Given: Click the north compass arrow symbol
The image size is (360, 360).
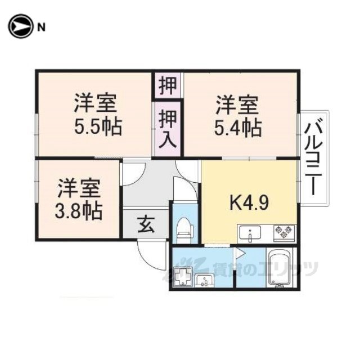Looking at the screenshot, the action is pos(20,26).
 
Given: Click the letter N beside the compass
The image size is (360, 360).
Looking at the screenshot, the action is pos(41,28).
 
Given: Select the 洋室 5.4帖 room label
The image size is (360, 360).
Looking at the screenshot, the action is pos(237,116).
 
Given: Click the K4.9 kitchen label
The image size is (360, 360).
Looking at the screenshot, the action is pos(249,202).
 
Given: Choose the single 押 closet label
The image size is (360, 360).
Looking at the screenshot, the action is pos(168,85).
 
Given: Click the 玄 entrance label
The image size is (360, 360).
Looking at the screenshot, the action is pos(146,224).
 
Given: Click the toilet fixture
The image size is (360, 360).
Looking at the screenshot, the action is pos(184,230).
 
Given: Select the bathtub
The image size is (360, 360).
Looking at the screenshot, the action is pos(280,268).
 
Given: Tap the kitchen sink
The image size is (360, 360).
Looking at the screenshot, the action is pos(250,233).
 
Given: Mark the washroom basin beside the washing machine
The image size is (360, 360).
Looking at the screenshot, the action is pos(205,280).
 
